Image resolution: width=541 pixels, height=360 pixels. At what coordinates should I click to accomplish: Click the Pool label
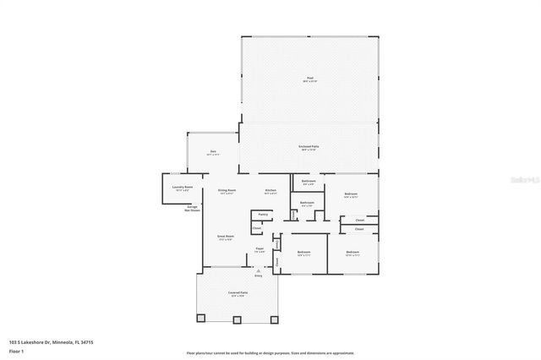[309, 79]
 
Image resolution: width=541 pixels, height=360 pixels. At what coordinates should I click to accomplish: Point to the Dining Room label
[227, 192]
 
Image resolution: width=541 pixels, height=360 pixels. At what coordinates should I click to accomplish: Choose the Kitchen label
[270, 192]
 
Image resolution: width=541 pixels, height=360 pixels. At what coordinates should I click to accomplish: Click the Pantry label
[263, 215]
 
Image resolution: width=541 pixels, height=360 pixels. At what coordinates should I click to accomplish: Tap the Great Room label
[225, 237]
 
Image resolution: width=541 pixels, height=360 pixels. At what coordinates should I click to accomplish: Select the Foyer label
[260, 248]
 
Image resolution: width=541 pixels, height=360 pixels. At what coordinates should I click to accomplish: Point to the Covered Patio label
[237, 293]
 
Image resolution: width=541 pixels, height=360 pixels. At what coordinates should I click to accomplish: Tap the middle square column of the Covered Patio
[238, 319]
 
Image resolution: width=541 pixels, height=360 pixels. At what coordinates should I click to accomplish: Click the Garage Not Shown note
[193, 209]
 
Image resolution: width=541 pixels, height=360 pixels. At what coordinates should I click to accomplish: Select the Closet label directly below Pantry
[256, 228]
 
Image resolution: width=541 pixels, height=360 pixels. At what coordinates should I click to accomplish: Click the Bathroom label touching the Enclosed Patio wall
[309, 182]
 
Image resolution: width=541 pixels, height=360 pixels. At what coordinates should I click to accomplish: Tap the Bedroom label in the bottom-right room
[352, 253]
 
